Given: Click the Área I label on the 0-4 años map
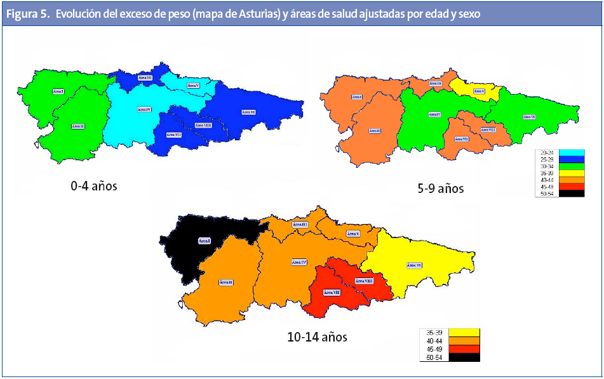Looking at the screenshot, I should click(x=58, y=91).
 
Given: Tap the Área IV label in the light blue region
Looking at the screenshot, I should click(x=144, y=109).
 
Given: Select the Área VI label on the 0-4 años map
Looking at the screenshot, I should click(x=248, y=112).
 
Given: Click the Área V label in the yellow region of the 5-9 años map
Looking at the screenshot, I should click(x=479, y=91).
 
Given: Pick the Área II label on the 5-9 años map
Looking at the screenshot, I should click(x=375, y=131).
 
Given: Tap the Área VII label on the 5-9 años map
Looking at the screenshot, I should click(x=462, y=139).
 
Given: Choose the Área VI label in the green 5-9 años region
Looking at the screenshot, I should click(x=528, y=117).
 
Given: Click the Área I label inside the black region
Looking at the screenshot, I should click(x=204, y=241).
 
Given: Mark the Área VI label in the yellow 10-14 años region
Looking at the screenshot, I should click(x=414, y=265).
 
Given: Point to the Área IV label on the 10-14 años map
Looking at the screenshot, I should click(x=299, y=262).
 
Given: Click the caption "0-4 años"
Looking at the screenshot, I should click(x=94, y=187).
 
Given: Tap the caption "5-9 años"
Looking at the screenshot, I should click(x=441, y=189).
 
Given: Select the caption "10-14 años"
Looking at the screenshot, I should click(x=317, y=336).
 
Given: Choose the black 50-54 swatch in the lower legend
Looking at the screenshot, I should click(x=464, y=358).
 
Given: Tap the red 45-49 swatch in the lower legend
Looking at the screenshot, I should click(x=464, y=349).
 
